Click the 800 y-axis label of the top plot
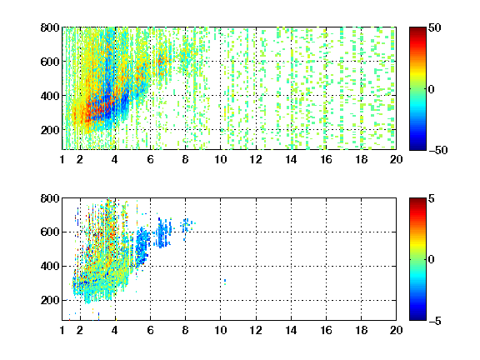point(50,27)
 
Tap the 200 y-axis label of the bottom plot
point(50,300)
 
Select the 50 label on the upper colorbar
point(434,27)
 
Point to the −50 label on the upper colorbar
point(438,150)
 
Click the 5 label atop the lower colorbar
point(432,198)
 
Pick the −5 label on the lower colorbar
point(435,321)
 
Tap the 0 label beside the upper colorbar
point(432,89)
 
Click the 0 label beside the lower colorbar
point(432,260)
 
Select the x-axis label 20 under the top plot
point(396,159)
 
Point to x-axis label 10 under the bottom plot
point(220,330)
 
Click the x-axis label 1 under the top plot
point(62,159)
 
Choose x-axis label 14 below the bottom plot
point(291,330)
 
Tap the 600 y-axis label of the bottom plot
point(50,232)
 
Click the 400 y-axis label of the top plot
point(50,96)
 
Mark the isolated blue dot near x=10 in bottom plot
point(225,281)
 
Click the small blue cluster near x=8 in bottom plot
point(187,225)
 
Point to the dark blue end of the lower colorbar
point(417,317)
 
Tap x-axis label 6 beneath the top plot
point(150,159)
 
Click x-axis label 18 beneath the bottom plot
point(361,330)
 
